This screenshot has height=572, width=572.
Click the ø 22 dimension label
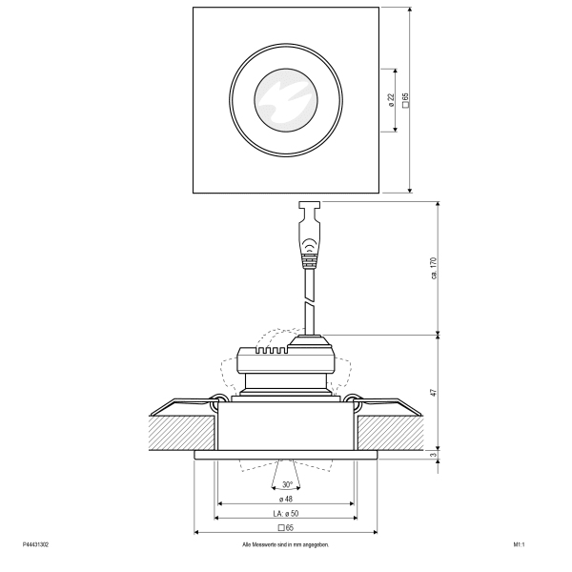[391, 100]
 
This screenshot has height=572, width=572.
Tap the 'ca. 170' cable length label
[434, 268]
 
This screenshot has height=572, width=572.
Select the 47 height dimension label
[434, 393]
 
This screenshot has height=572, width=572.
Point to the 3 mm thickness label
[434, 455]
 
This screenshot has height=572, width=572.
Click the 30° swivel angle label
[288, 485]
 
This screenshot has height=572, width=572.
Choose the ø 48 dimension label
[286, 499]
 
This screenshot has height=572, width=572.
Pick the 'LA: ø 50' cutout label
[286, 513]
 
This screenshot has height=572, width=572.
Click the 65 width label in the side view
[286, 527]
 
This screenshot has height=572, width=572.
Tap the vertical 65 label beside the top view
[405, 99]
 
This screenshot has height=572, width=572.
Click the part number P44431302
[35, 544]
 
